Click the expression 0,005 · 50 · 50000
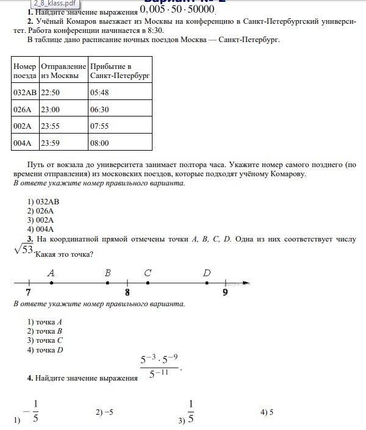click(x=178, y=10)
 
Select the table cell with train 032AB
click(x=25, y=92)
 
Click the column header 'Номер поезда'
click(x=25, y=71)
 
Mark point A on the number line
click(x=51, y=282)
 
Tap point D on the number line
click(x=207, y=282)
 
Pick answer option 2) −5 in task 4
click(x=105, y=413)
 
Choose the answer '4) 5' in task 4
click(x=267, y=413)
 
